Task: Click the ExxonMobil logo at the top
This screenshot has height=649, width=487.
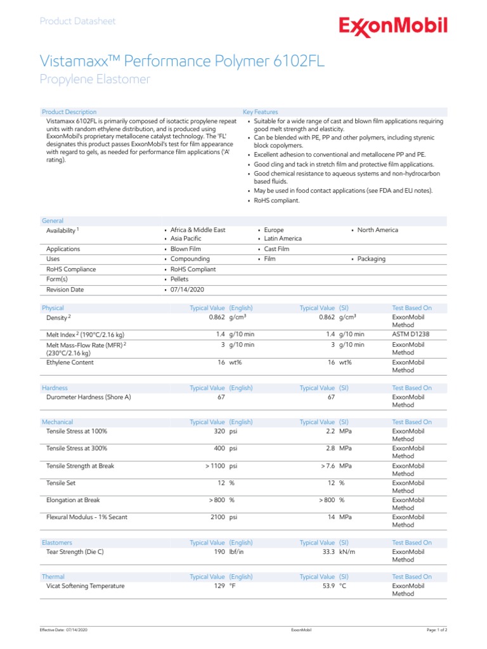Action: click(393, 27)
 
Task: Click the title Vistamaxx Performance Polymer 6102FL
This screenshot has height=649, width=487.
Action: click(183, 61)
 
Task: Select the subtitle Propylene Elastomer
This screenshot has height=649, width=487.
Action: click(95, 79)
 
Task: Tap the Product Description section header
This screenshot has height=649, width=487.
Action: click(69, 112)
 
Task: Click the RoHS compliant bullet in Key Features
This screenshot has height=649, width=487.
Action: click(276, 201)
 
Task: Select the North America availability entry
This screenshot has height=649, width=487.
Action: click(377, 230)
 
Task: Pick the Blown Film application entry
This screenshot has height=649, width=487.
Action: click(185, 249)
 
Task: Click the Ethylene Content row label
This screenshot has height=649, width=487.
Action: click(70, 363)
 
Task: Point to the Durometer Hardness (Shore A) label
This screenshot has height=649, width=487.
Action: click(89, 397)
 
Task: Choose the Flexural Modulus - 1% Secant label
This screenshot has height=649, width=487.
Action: click(87, 517)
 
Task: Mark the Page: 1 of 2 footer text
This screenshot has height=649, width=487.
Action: click(437, 630)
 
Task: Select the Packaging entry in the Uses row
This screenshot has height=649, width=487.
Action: click(371, 259)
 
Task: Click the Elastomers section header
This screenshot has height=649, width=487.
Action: click(57, 543)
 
